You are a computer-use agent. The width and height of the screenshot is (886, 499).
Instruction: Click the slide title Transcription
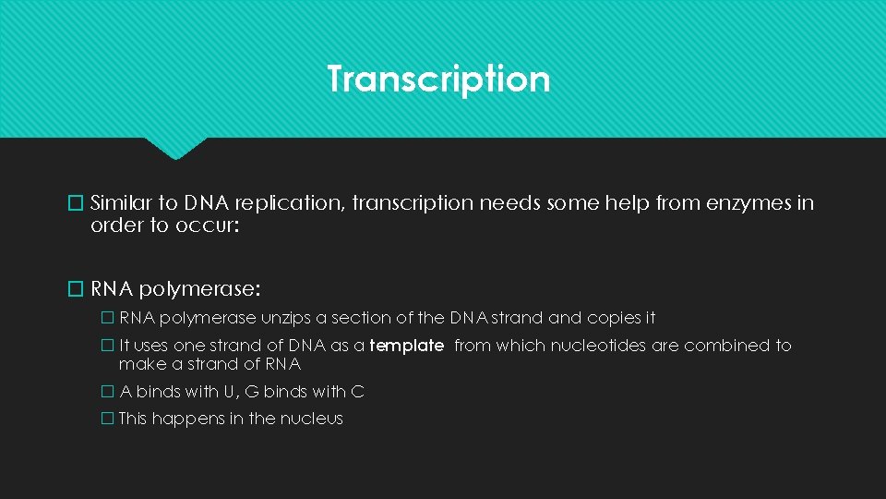point(438,79)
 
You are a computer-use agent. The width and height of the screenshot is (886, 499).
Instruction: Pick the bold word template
point(406,346)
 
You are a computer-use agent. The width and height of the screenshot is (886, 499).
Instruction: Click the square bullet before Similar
point(78,203)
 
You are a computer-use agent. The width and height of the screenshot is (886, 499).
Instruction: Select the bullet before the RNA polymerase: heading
point(78,289)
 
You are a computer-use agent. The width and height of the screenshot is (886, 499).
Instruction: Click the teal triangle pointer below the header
point(175,148)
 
